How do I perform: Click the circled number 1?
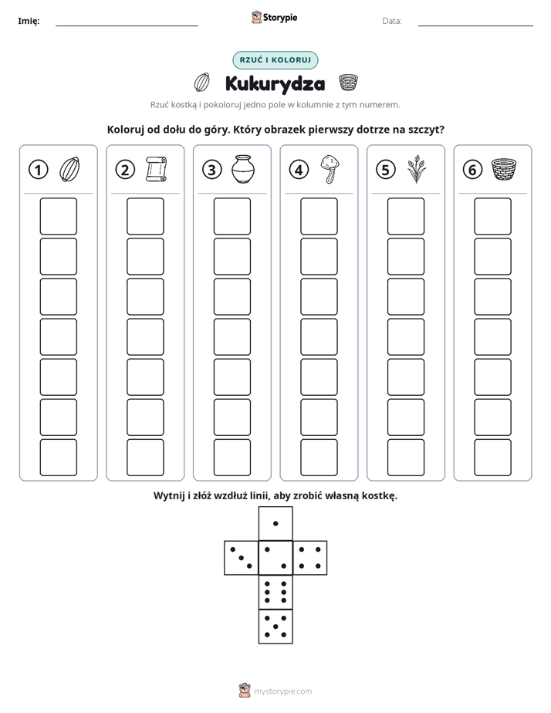(38, 170)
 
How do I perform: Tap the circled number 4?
(299, 170)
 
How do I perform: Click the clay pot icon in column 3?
(243, 169)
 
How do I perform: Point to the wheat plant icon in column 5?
(417, 169)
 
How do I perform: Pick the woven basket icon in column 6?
(504, 169)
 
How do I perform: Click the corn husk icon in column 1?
(70, 169)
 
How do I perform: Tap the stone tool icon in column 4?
(330, 169)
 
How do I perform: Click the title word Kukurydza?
(275, 83)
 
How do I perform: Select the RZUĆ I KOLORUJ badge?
(275, 60)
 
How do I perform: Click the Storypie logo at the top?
(274, 17)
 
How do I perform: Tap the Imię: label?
(29, 21)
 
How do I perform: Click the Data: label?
(392, 21)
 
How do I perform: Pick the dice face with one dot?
(275, 524)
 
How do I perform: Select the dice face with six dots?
(275, 592)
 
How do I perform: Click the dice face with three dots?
(242, 558)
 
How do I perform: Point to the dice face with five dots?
(275, 626)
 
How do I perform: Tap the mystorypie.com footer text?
(282, 691)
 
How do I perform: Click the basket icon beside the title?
(348, 83)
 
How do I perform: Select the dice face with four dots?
(310, 558)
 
